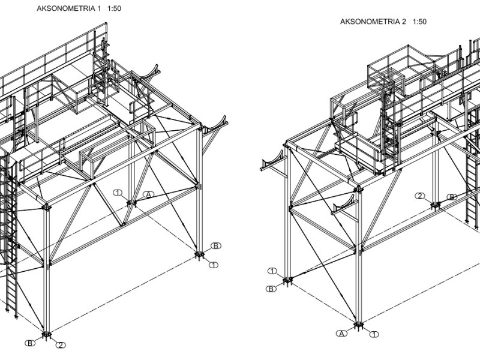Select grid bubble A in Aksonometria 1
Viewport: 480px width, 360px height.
149,194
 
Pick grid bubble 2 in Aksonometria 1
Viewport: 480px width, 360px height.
61,345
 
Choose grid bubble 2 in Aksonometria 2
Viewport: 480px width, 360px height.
421,196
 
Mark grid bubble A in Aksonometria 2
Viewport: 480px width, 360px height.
341,334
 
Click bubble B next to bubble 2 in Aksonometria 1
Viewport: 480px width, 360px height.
29,343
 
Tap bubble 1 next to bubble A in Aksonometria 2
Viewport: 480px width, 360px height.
374,334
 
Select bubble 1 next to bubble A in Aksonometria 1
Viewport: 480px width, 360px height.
118,192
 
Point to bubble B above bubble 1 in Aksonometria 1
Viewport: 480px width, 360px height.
216,245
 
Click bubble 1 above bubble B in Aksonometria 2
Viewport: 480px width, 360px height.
272,271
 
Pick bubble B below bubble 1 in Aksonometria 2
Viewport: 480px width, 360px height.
272,289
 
